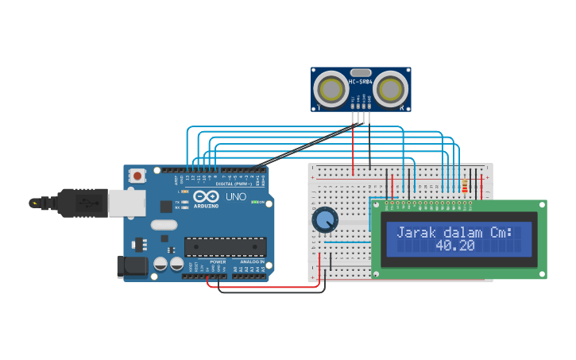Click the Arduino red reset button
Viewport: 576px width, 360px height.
(137, 176)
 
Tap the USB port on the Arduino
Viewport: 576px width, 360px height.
(126, 203)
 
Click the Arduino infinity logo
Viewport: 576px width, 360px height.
(205, 197)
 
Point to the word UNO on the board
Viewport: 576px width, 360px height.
(236, 197)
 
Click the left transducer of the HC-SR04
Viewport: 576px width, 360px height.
(331, 90)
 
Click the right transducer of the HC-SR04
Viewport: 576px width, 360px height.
(391, 90)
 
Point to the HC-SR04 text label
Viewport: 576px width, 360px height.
(361, 82)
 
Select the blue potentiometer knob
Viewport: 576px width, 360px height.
(325, 219)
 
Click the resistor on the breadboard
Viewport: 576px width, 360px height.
(464, 186)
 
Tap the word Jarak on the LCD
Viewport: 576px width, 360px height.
(416, 233)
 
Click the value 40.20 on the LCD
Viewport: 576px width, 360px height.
(455, 246)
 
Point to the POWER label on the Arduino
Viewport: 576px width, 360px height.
(218, 261)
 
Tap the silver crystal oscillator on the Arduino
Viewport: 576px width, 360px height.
(164, 225)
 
